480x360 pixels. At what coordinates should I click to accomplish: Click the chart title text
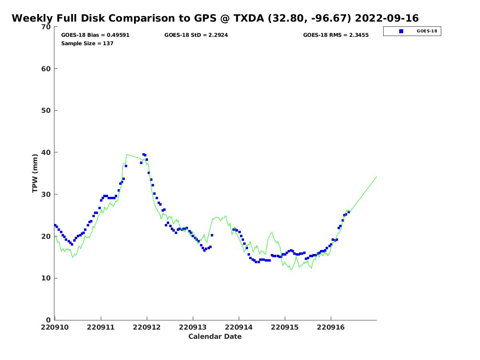pos(215,18)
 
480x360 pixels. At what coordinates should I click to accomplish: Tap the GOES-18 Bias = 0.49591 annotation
pos(95,35)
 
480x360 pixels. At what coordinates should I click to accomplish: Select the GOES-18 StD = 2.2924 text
pos(196,35)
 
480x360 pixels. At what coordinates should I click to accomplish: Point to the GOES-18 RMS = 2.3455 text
pos(336,35)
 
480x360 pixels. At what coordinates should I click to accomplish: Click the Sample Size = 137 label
pos(87,43)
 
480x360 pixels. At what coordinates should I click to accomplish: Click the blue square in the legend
pos(401,31)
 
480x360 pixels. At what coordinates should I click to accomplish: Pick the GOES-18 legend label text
pos(427,31)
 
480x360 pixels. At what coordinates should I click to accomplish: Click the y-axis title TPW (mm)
pos(35,173)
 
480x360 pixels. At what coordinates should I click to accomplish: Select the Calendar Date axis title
pos(215,336)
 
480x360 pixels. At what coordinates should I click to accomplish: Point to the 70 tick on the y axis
pos(46,27)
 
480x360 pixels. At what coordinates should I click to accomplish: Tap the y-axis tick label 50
pos(46,111)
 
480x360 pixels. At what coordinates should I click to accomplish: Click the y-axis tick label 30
pos(46,194)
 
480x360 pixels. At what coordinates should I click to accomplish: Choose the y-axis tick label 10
pos(46,278)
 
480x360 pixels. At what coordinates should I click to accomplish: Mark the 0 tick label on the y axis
pos(48,320)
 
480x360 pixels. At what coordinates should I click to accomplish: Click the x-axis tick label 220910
pos(55,328)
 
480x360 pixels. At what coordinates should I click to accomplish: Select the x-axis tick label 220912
pos(147,328)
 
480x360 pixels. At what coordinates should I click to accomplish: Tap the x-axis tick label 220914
pos(238,328)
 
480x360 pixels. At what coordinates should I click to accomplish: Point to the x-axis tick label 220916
pos(331,328)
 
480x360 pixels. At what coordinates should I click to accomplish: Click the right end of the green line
pos(376,176)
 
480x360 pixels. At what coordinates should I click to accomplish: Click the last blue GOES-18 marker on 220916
pos(348,212)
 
